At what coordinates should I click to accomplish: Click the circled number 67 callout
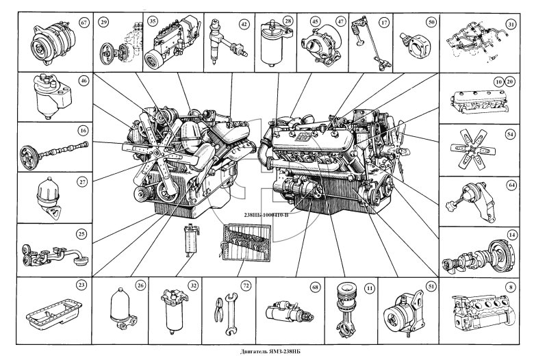[84, 23]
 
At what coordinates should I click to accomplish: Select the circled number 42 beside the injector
[244, 24]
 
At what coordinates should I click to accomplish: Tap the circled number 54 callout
[510, 135]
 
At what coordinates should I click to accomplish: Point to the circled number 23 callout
[81, 285]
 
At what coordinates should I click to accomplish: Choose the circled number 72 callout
[246, 286]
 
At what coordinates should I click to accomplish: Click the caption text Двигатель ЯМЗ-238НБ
[267, 352]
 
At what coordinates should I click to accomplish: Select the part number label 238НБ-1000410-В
[266, 215]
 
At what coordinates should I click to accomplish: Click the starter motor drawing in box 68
[289, 311]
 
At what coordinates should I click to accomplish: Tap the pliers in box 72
[218, 309]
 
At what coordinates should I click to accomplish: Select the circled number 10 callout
[499, 81]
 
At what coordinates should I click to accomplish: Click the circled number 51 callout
[431, 287]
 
